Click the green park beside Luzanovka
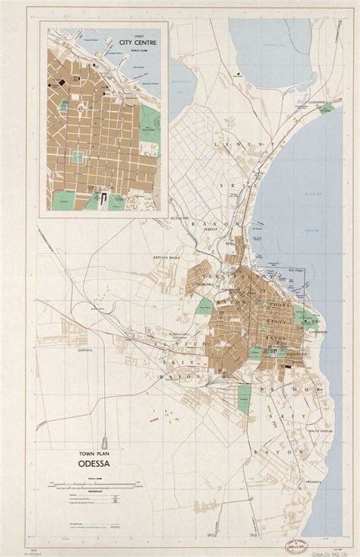click(327, 109)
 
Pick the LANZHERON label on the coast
click(317, 331)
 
